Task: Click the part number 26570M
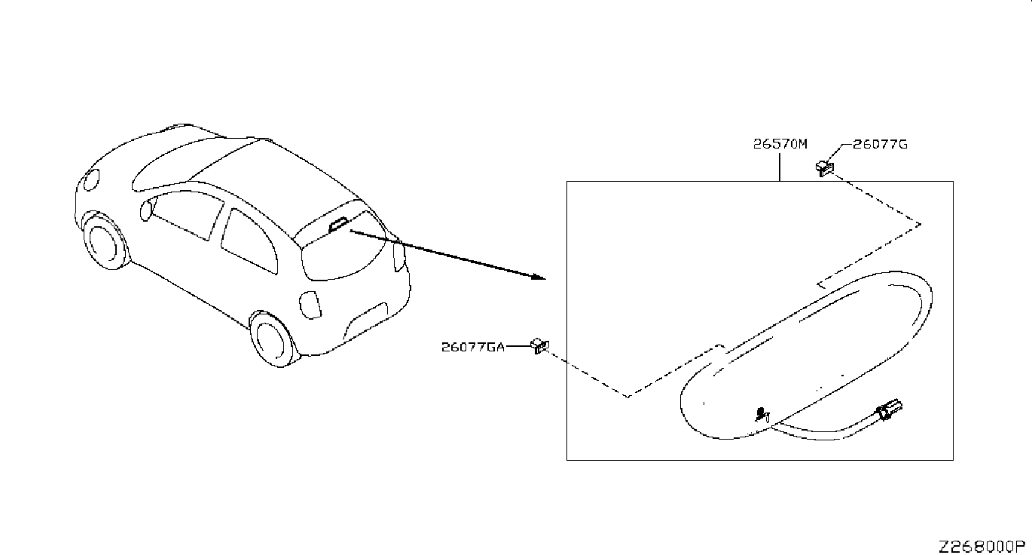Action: [x=780, y=143]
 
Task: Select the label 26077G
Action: [x=880, y=144]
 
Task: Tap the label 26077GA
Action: [x=472, y=347]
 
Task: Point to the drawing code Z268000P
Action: [x=982, y=546]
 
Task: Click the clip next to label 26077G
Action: [x=824, y=167]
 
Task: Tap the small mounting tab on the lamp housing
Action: [x=761, y=413]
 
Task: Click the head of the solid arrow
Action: [x=538, y=277]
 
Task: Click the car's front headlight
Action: [x=92, y=179]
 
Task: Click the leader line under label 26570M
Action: [x=780, y=166]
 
